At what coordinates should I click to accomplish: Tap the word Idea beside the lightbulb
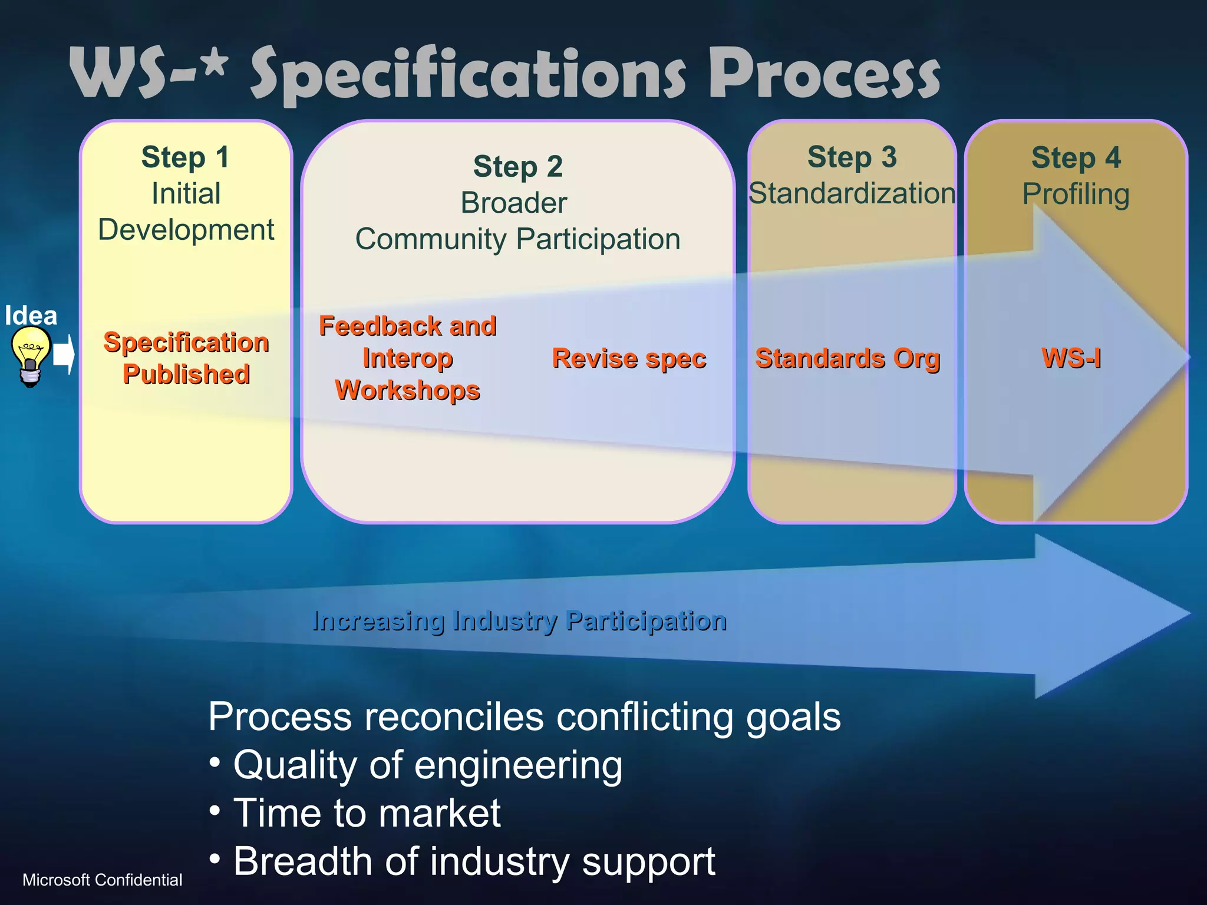[31, 316]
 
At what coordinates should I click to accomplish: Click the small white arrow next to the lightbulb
[64, 355]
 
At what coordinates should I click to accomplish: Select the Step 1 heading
[185, 157]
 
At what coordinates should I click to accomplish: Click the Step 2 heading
[517, 167]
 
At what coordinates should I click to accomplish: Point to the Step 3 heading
[852, 157]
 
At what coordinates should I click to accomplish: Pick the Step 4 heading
[1076, 158]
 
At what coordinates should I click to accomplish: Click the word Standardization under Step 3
[852, 194]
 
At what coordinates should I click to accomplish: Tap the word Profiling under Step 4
[1076, 194]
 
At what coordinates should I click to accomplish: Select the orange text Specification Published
[186, 358]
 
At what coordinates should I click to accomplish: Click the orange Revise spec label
[629, 358]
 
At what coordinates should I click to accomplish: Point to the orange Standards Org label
[847, 358]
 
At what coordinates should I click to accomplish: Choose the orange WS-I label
[1071, 358]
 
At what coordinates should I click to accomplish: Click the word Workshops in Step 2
[407, 390]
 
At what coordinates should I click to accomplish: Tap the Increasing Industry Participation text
[519, 621]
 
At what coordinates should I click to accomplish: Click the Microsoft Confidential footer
[102, 880]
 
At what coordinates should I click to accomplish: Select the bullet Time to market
[367, 813]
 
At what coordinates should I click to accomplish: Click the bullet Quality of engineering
[427, 765]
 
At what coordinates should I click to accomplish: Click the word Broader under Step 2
[513, 203]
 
